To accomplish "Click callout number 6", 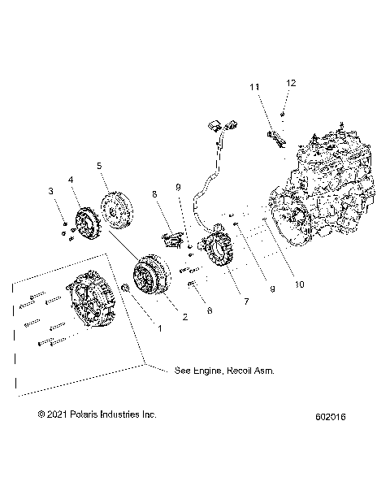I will point(210,310).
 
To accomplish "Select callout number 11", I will point(254,86).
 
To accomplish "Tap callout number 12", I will point(291,83).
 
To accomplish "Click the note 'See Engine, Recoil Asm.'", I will point(224,370).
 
